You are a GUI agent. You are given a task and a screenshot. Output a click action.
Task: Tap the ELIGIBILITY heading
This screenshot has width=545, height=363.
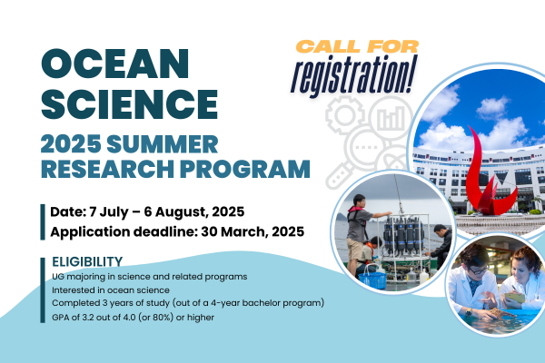pyautogui.click(x=87, y=261)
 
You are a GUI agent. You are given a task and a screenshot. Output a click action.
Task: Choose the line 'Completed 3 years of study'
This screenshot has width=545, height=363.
pyautogui.click(x=181, y=302)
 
